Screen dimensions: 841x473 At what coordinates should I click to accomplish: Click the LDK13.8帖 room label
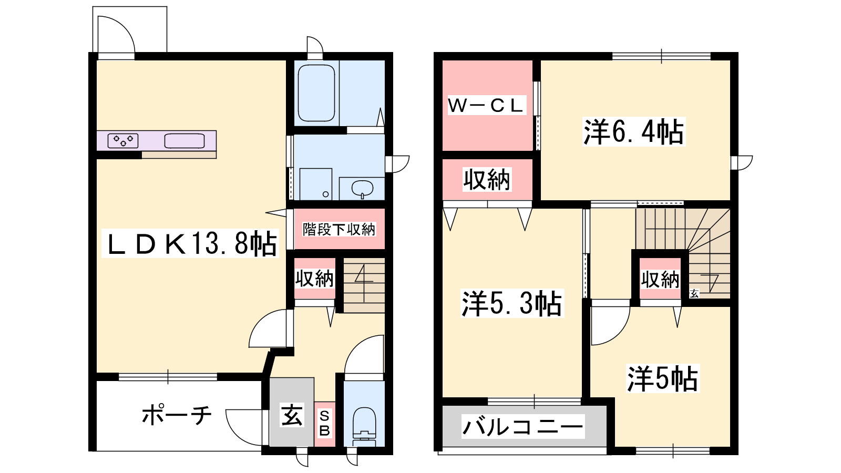pyautogui.click(x=191, y=243)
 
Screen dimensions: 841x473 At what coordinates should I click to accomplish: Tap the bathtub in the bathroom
pyautogui.click(x=316, y=93)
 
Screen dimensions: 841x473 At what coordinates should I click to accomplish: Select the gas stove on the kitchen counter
pyautogui.click(x=123, y=141)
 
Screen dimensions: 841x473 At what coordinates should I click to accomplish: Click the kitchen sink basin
pyautogui.click(x=184, y=141)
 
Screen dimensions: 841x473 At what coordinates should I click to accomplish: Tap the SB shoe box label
pyautogui.click(x=324, y=424)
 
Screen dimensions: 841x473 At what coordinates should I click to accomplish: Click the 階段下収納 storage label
pyautogui.click(x=339, y=229)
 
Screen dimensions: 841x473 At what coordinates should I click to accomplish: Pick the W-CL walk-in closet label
pyautogui.click(x=486, y=106)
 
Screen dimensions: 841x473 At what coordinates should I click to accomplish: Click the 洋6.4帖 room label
pyautogui.click(x=633, y=131)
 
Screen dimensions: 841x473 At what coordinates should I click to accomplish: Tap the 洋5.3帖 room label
pyautogui.click(x=512, y=303)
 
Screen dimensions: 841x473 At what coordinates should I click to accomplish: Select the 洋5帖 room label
pyautogui.click(x=663, y=378)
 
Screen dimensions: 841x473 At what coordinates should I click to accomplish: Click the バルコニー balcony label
pyautogui.click(x=522, y=427)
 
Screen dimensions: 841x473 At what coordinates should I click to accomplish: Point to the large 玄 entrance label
pyautogui.click(x=292, y=415)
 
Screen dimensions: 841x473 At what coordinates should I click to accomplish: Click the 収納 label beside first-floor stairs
pyautogui.click(x=314, y=278)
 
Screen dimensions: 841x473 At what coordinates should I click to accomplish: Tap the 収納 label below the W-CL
pyautogui.click(x=487, y=180)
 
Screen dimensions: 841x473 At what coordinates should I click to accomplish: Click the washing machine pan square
pyautogui.click(x=316, y=184)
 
